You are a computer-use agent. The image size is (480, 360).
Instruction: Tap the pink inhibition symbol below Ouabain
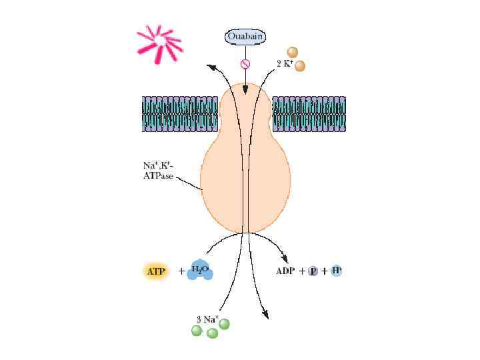[245, 64]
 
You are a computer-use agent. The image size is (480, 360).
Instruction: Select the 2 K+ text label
[285, 64]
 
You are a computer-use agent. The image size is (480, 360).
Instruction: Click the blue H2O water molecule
[200, 270]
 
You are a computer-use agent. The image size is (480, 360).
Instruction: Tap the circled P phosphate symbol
[312, 271]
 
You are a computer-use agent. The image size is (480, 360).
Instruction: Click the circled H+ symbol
[337, 271]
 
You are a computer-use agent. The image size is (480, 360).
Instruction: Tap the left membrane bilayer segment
[179, 113]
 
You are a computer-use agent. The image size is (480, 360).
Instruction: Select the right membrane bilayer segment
[309, 113]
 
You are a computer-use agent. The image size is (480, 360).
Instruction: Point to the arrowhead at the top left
[211, 66]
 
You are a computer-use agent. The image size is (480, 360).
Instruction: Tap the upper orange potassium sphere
[291, 52]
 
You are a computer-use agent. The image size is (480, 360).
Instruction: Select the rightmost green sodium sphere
[224, 324]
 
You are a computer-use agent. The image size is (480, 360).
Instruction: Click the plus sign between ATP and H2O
[181, 271]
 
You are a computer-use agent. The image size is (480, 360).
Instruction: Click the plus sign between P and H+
[325, 271]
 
